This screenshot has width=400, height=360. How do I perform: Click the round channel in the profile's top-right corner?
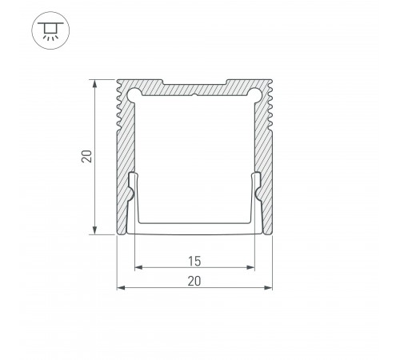tap(257, 94)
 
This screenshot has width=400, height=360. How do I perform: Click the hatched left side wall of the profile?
tap(124, 160)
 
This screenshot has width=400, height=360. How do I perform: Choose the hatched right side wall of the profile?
tap(265, 160)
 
